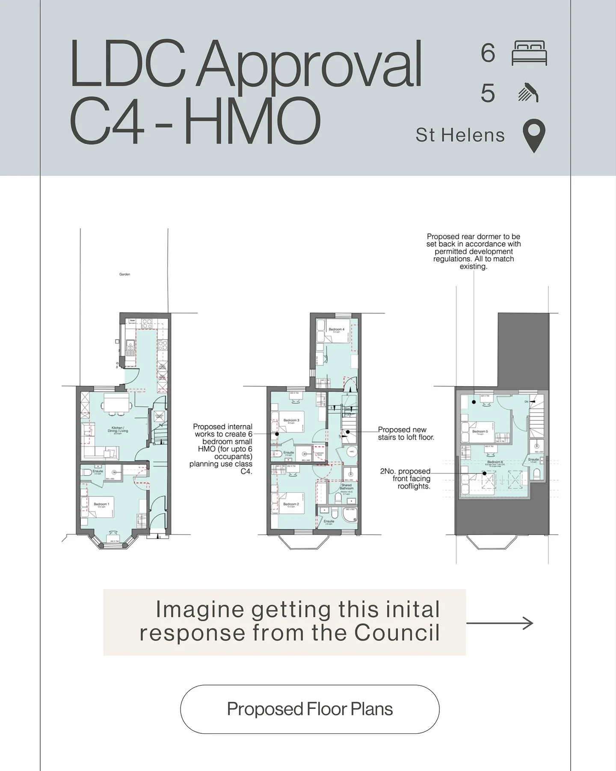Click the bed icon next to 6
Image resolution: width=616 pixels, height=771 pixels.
point(529,53)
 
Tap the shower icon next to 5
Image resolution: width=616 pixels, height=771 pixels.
point(528,93)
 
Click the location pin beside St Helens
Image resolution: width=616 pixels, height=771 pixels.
point(534,136)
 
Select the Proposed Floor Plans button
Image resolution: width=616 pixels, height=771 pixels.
point(310,709)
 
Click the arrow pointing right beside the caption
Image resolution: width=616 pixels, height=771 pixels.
point(500,623)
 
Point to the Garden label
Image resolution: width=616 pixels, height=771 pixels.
point(124,274)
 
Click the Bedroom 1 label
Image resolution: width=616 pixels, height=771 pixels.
point(101,504)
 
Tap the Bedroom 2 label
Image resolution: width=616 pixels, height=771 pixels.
point(291,504)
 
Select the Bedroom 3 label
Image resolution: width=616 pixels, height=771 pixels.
point(291,420)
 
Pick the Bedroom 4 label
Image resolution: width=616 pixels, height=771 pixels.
point(336,330)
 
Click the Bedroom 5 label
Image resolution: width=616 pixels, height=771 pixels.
point(480,432)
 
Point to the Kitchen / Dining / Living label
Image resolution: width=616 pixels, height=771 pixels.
point(118,429)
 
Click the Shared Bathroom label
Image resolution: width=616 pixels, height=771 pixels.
point(346,487)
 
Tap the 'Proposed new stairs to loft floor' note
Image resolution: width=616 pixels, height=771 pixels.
point(406,433)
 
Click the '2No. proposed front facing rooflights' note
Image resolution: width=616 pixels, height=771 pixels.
point(406,479)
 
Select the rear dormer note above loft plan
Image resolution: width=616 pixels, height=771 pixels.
point(474,251)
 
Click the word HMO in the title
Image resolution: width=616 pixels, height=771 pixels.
point(252,120)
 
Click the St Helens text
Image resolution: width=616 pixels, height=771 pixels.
point(460,135)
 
